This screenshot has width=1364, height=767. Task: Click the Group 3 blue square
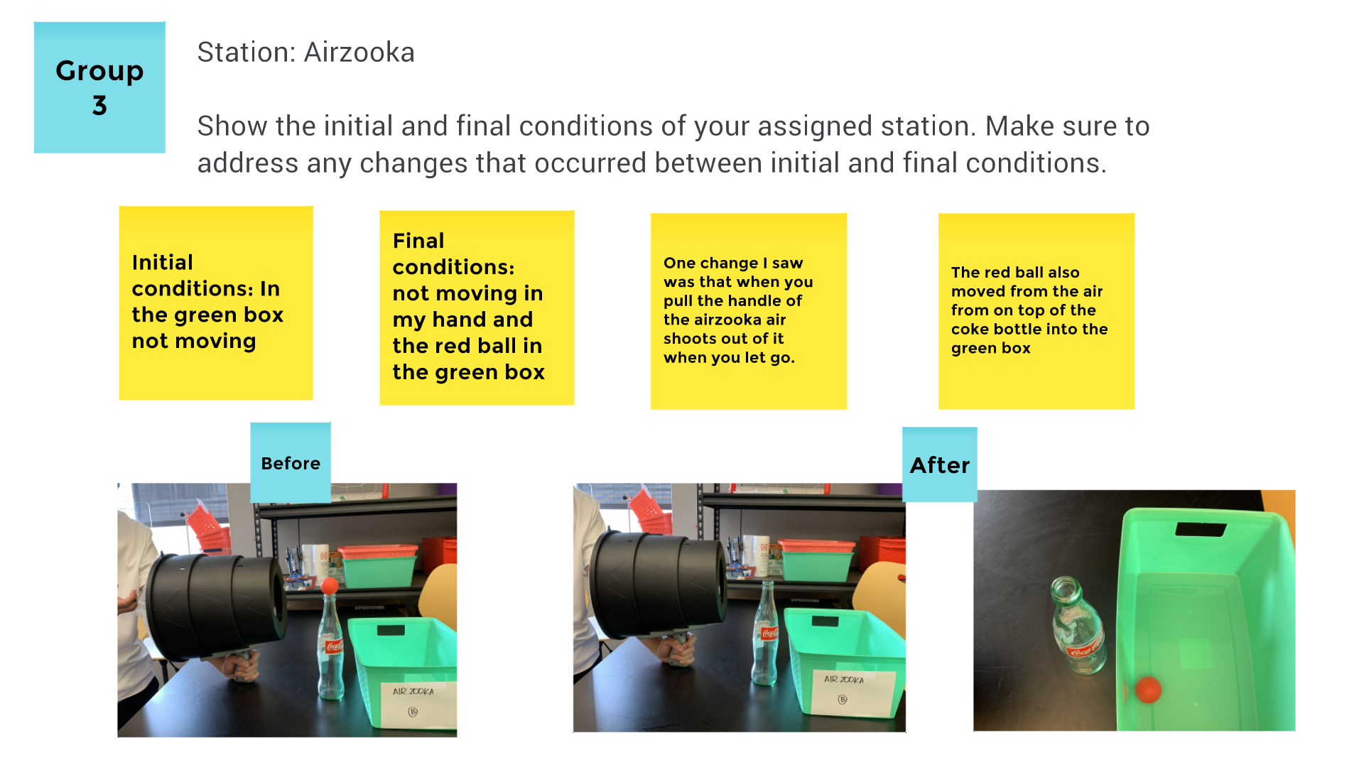[x=99, y=87]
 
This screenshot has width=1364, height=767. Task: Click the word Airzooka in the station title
[x=359, y=53]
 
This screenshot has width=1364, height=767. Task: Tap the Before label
[x=291, y=462]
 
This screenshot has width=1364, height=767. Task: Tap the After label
[x=940, y=464]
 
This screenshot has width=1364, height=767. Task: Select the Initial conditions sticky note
[x=216, y=303]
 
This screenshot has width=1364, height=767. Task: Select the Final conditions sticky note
[x=477, y=308]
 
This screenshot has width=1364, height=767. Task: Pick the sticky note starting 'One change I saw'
[x=749, y=311]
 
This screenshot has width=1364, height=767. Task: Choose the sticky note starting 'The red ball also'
[x=1036, y=311]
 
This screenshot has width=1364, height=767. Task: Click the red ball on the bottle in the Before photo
[x=330, y=587]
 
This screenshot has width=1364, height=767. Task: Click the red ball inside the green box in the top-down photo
[x=1148, y=689]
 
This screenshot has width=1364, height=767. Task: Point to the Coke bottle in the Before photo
[x=330, y=646]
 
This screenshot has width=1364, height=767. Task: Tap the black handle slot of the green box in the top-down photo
[x=1201, y=529]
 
